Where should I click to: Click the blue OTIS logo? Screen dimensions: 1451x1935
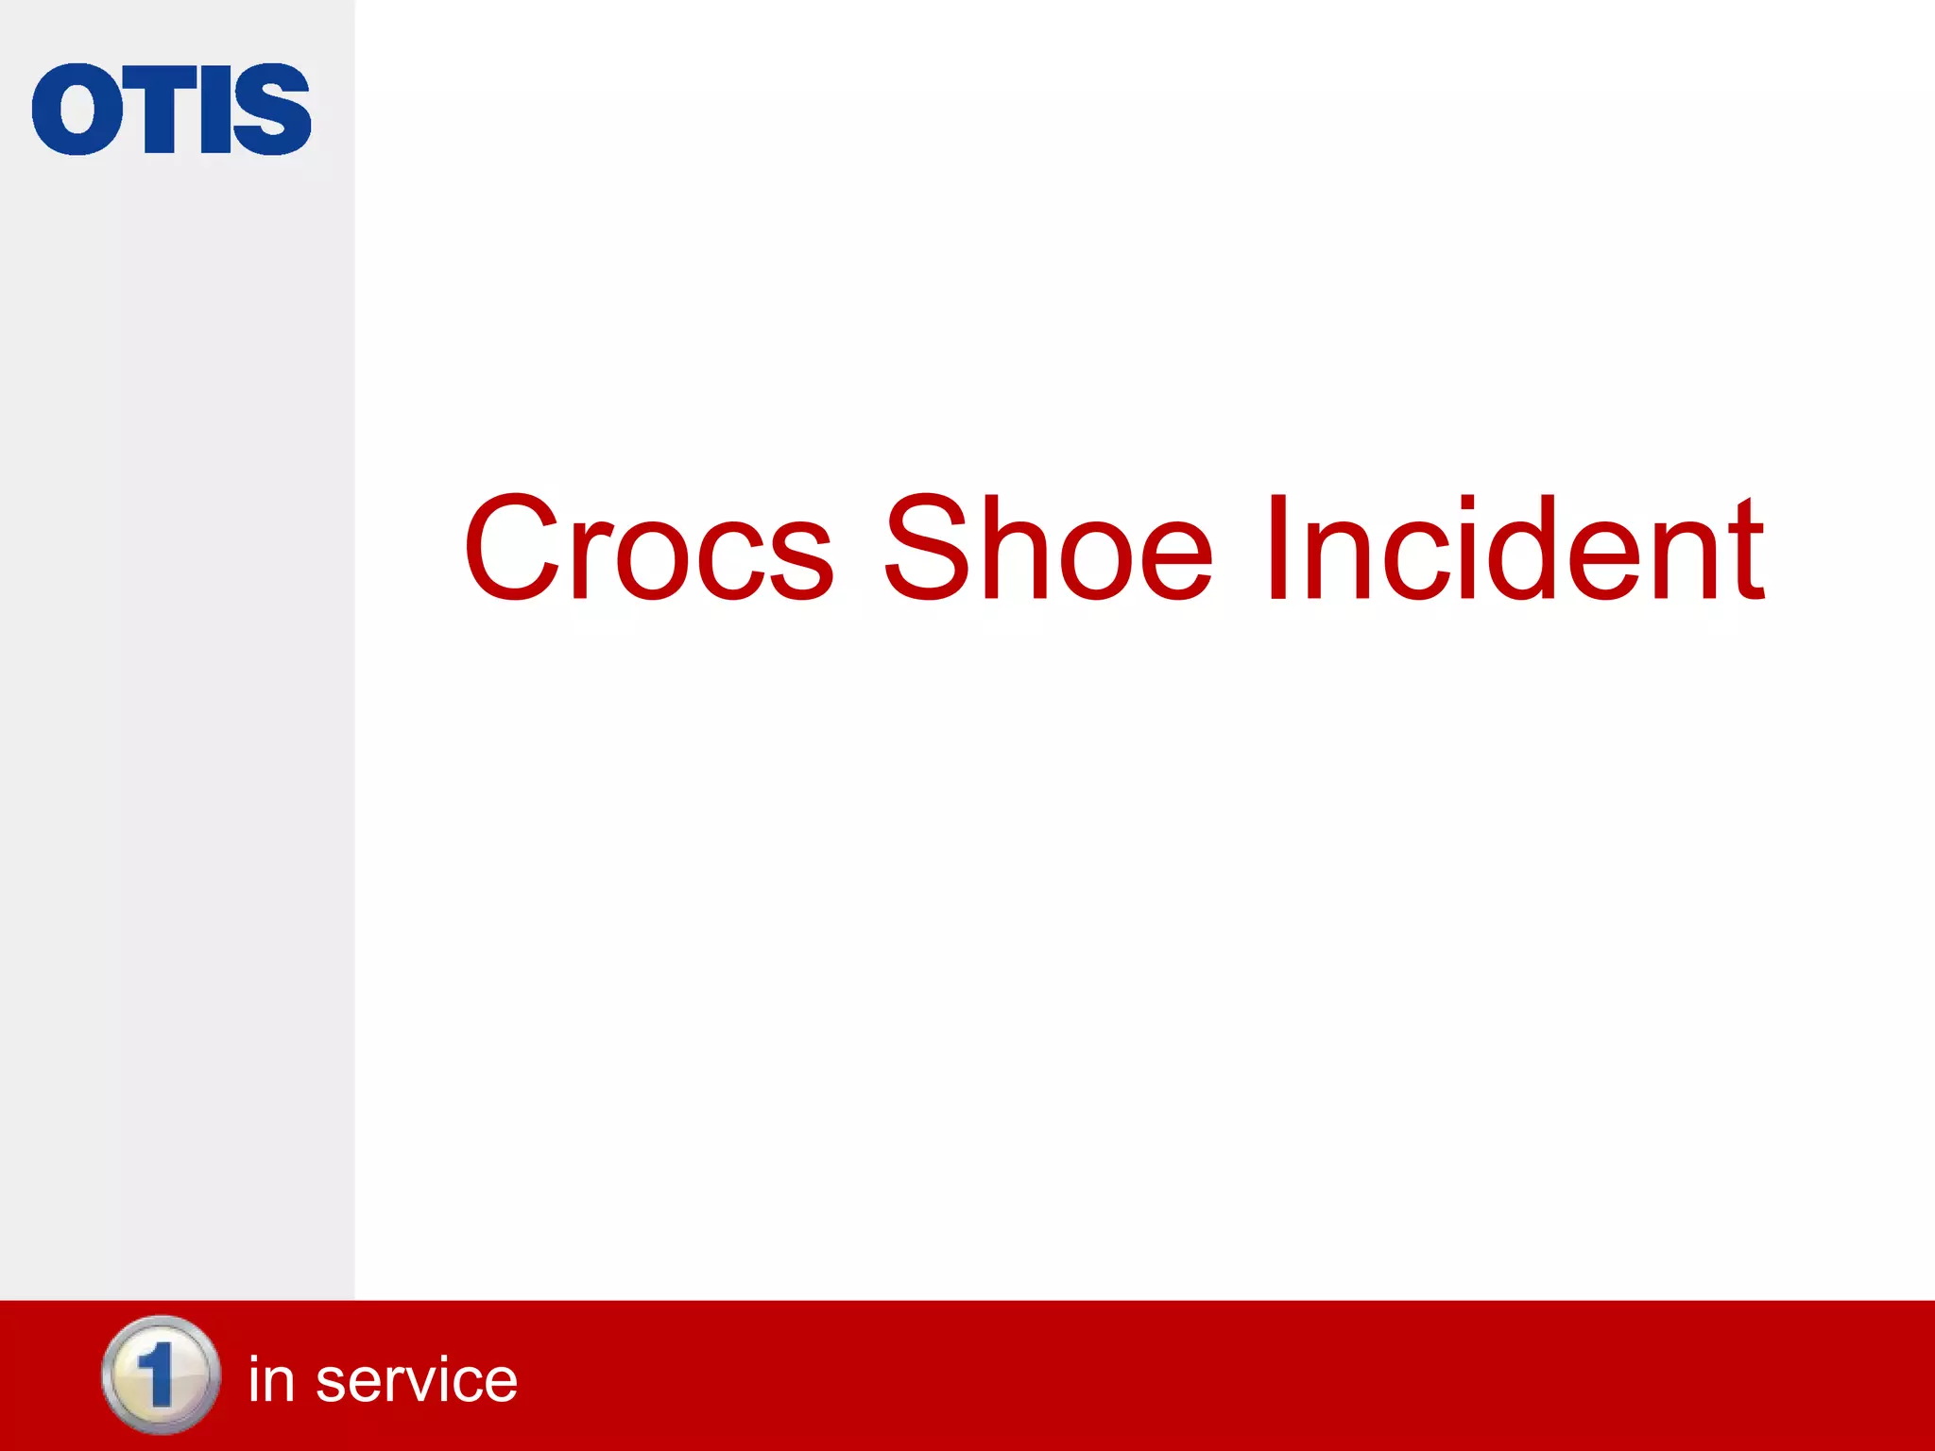171,109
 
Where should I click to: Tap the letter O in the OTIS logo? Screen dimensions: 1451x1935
77,110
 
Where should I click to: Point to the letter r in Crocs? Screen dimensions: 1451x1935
590,561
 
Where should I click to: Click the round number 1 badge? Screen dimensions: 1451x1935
161,1375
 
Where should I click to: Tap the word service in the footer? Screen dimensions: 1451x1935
416,1380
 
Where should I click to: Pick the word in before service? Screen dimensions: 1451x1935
271,1380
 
